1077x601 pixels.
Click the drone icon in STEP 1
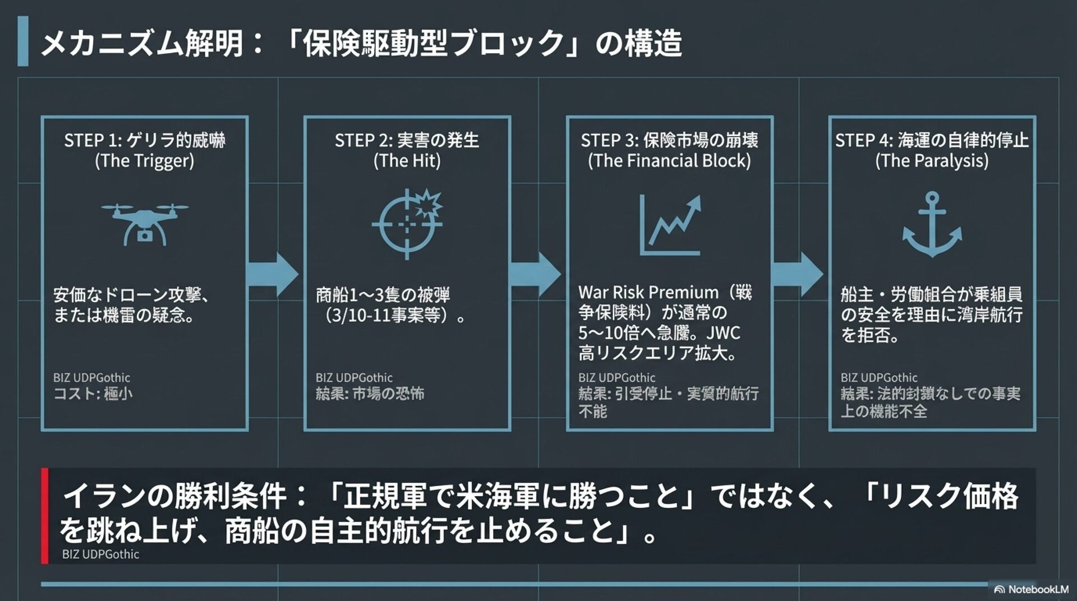click(145, 224)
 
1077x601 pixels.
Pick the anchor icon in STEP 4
click(932, 224)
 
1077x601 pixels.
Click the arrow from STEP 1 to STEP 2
click(273, 274)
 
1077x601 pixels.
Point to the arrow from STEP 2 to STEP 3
click(535, 274)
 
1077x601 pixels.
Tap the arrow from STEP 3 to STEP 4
click(798, 274)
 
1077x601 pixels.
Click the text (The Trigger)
click(145, 161)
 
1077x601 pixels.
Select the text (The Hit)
click(407, 161)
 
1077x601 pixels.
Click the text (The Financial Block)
click(669, 161)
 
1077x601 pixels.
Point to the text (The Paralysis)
click(932, 161)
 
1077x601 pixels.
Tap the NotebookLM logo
click(1031, 589)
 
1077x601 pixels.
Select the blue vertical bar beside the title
click(23, 41)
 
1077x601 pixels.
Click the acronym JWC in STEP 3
click(723, 333)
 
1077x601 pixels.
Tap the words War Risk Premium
click(648, 292)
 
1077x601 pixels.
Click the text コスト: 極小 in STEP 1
click(93, 394)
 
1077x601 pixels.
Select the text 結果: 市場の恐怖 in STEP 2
click(370, 394)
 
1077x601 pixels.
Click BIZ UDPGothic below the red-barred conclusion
click(100, 554)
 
